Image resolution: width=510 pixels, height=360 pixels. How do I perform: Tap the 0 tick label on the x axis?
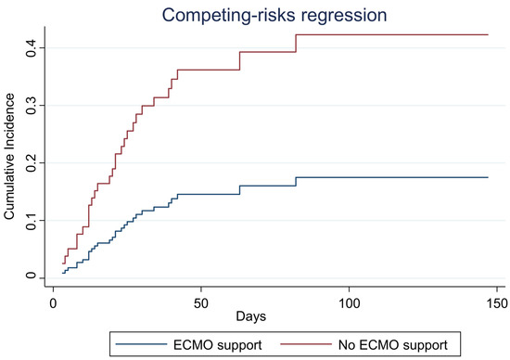[x=54, y=302]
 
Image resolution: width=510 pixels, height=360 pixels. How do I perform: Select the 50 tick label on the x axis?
[x=201, y=302]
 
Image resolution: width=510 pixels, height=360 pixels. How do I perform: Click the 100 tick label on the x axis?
[x=350, y=302]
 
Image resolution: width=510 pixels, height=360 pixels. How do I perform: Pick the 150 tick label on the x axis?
[x=497, y=302]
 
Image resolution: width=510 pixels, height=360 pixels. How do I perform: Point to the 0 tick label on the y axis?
[x=31, y=277]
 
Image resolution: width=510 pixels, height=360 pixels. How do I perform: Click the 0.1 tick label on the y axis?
[x=31, y=220]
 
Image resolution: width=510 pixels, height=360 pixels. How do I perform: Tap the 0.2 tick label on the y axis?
[x=31, y=162]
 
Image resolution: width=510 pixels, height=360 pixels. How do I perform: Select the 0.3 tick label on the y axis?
[x=31, y=105]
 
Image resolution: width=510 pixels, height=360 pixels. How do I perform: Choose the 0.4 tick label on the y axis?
[x=31, y=47]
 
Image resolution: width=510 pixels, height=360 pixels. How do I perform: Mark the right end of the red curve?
[x=488, y=34]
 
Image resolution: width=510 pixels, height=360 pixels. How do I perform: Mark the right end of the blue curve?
[x=488, y=177]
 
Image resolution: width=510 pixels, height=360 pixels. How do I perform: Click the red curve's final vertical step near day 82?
[x=296, y=43]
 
